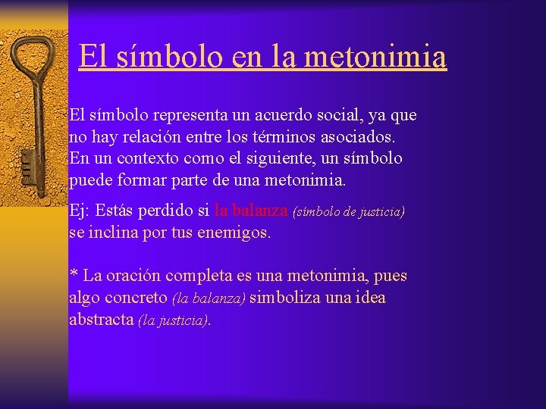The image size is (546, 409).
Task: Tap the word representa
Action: [190, 116]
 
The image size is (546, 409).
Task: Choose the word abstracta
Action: [101, 320]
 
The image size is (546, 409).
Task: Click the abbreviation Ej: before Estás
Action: [80, 211]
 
